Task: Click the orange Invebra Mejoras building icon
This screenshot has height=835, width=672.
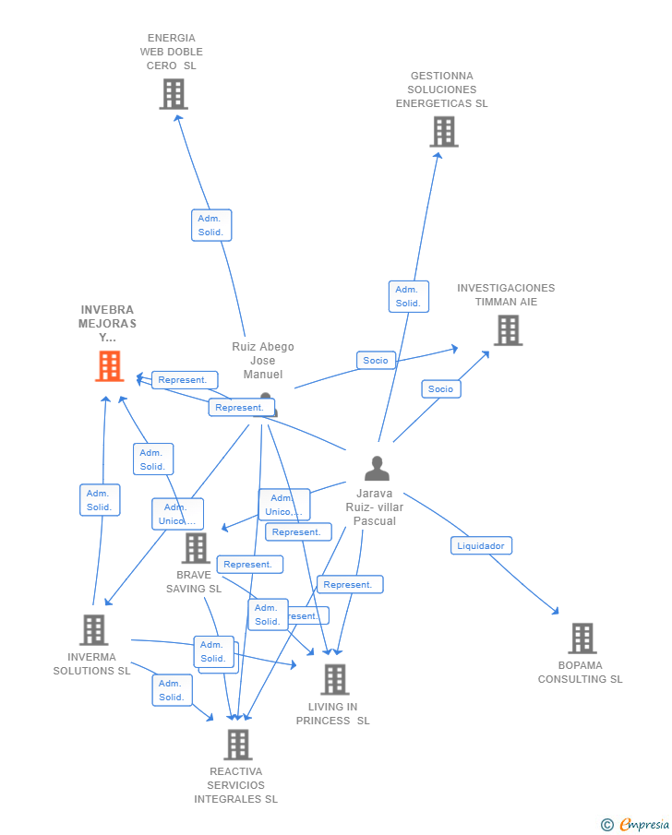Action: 109,366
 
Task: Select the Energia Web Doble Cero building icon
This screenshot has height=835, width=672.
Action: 173,94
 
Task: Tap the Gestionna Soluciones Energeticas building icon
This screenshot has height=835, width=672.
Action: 443,132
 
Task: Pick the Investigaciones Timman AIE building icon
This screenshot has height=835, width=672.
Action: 507,330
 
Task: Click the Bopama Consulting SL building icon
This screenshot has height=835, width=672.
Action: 582,638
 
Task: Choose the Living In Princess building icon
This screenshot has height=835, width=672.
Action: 334,679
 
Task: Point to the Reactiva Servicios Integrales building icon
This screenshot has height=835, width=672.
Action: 237,745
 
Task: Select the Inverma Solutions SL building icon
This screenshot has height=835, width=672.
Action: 93,630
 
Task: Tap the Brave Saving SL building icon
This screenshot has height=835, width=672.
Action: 195,548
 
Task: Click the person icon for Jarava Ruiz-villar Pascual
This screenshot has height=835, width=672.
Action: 377,469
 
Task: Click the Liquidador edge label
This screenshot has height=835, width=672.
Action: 481,545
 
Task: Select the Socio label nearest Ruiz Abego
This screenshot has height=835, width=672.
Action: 376,360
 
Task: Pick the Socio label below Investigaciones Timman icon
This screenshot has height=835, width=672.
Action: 440,388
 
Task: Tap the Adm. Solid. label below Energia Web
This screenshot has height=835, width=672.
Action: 210,225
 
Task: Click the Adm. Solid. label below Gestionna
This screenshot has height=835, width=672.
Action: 408,296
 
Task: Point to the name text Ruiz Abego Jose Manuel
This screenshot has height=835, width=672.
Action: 263,361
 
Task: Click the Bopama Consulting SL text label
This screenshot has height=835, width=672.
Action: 580,672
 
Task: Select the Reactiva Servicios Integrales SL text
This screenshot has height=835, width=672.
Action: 235,785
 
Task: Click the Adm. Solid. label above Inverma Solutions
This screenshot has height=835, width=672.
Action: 100,500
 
